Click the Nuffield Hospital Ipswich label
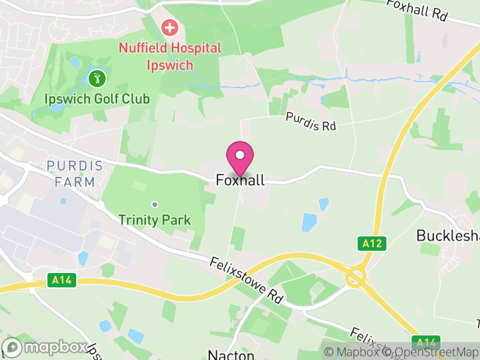pyautogui.click(x=170, y=56)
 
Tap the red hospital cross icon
pyautogui.click(x=170, y=27)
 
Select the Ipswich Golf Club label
pyautogui.click(x=97, y=98)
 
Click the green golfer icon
pyautogui.click(x=97, y=78)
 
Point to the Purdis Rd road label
pyautogui.click(x=311, y=122)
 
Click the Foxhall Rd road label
pyautogui.click(x=417, y=11)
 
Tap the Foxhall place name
pyautogui.click(x=240, y=180)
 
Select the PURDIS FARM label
pyautogui.click(x=71, y=173)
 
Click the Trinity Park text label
pyautogui.click(x=155, y=220)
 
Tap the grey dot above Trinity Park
pyautogui.click(x=155, y=205)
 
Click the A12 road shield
pyautogui.click(x=372, y=244)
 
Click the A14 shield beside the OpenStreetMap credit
pyautogui.click(x=427, y=343)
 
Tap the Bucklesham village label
pyautogui.click(x=448, y=236)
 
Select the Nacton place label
pyautogui.click(x=231, y=355)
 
